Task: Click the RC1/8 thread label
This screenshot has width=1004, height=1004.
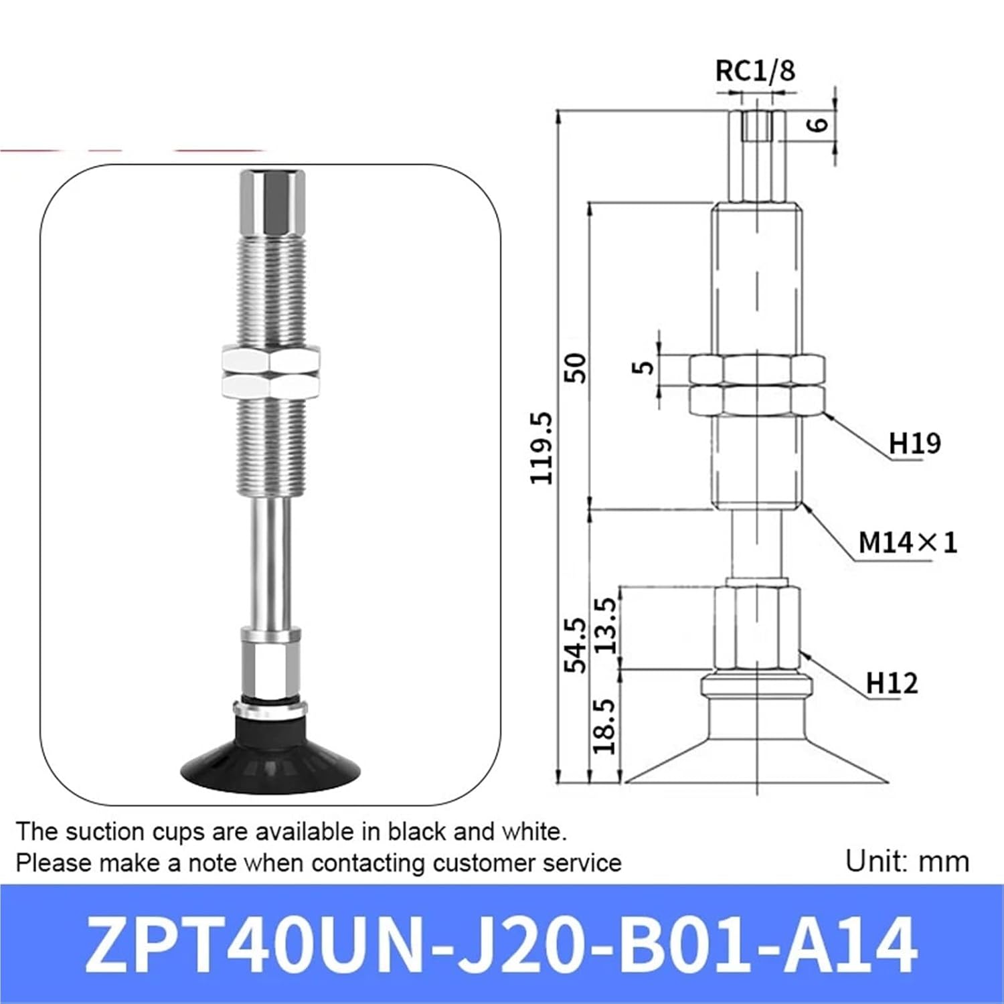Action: click(x=755, y=70)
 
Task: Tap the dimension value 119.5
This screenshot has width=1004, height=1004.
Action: click(x=541, y=447)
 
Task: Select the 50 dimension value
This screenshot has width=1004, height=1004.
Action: click(x=575, y=367)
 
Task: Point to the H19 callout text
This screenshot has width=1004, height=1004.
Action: click(x=914, y=443)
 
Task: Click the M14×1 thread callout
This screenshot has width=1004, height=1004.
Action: click(x=908, y=542)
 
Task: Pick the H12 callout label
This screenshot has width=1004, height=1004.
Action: click(x=892, y=683)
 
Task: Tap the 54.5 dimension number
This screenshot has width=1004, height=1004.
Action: click(x=575, y=645)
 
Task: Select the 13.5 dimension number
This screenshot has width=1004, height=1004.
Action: click(x=606, y=626)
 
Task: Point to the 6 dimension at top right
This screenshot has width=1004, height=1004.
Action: click(x=818, y=124)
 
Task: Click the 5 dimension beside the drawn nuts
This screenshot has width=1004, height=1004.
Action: click(x=643, y=367)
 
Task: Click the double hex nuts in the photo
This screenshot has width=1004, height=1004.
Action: click(x=270, y=372)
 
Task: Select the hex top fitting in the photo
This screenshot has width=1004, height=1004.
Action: click(x=272, y=201)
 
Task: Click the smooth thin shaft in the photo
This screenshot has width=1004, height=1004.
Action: click(x=272, y=562)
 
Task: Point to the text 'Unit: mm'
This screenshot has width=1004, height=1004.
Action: click(x=907, y=861)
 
